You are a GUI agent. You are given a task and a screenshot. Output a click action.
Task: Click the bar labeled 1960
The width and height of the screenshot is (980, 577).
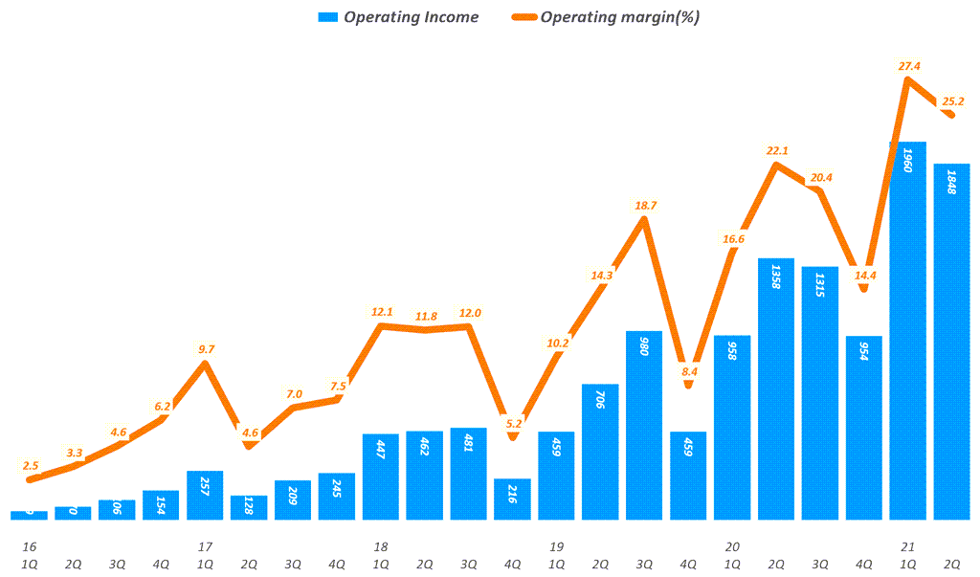(x=907, y=330)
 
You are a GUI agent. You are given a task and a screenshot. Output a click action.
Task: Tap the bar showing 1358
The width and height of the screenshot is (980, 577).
(x=775, y=388)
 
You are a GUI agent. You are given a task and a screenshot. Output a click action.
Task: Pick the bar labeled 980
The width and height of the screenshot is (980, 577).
(x=644, y=425)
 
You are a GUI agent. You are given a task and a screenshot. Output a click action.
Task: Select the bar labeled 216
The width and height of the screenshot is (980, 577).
(x=512, y=499)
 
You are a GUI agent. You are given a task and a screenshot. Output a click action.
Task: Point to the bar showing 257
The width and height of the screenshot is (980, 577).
(x=205, y=495)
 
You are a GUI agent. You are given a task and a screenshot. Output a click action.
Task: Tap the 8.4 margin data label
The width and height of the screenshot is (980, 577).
(x=688, y=372)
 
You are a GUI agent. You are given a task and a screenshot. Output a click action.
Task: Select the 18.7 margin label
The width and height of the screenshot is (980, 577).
(x=644, y=206)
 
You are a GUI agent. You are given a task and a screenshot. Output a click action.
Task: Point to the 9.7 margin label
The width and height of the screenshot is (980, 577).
(x=205, y=349)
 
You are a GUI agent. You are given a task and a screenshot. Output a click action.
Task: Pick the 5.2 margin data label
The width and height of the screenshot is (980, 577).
(x=512, y=424)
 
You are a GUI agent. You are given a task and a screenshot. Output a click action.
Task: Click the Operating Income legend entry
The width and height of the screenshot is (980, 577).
(x=397, y=17)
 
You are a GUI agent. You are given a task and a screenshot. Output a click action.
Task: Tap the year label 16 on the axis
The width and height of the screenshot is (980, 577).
(x=29, y=546)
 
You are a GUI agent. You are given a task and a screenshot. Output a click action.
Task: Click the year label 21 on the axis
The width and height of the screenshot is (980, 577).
(x=907, y=546)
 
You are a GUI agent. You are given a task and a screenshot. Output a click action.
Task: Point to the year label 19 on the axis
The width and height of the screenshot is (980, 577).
(x=556, y=546)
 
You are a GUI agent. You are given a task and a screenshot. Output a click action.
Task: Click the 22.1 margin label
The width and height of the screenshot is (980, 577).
(x=775, y=150)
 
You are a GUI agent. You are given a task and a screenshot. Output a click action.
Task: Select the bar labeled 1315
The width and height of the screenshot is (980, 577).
(x=819, y=392)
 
